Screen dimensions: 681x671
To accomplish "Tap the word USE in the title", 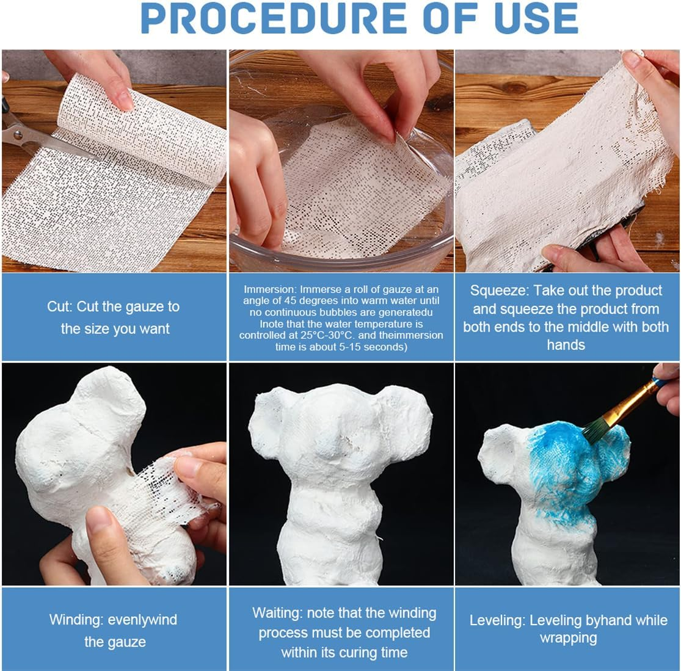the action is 536,19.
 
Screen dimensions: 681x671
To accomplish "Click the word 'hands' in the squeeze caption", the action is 566,345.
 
